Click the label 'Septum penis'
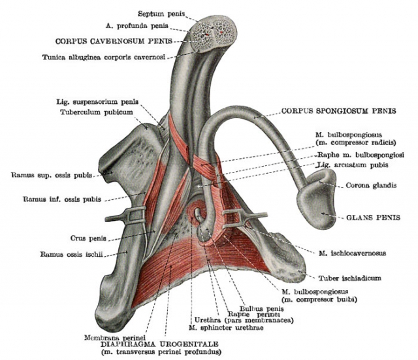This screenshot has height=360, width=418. point(161,14)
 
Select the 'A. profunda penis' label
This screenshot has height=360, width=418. point(137,25)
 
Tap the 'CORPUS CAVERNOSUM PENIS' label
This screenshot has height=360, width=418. point(114,41)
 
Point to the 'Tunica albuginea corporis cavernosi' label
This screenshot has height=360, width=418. point(104,57)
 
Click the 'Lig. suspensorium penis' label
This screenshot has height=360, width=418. point(97,102)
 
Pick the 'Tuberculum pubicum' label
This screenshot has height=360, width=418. point(97,112)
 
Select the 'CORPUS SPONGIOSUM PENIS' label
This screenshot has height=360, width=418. point(339,111)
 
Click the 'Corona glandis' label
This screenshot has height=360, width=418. point(371,185)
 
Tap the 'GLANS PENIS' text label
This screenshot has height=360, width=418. point(373,218)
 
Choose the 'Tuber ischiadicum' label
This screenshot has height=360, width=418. point(350,278)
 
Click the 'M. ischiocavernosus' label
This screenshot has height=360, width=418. point(353,253)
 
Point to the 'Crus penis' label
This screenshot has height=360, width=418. point(88,238)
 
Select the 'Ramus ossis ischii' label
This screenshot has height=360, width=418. point(71,254)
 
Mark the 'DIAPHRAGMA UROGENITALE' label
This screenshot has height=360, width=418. point(159,344)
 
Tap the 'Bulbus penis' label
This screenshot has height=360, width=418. point(261,309)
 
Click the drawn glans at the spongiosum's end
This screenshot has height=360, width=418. point(317,198)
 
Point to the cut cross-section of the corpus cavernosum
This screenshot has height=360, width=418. point(214,34)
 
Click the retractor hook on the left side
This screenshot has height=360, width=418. point(125,216)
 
